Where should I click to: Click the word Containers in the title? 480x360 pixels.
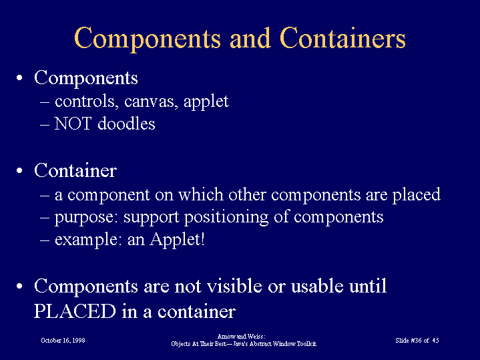(342, 38)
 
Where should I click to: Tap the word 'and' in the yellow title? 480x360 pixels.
(250, 38)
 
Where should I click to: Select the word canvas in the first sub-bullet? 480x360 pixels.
(151, 101)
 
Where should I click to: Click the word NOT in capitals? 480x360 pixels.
(73, 124)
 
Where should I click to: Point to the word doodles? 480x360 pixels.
(126, 124)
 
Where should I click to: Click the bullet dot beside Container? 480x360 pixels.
(19, 170)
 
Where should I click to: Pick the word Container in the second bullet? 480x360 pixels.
(75, 170)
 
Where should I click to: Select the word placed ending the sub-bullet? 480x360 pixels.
(417, 195)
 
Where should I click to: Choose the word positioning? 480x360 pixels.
(226, 218)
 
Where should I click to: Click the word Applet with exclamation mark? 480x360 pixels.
(177, 240)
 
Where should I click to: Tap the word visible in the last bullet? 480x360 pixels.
(234, 286)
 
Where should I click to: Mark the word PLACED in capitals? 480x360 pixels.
(75, 311)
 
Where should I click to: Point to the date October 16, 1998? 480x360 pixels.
(63, 341)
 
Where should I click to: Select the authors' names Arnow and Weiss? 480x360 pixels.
(241, 337)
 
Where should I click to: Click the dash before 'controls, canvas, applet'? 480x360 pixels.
(45, 102)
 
